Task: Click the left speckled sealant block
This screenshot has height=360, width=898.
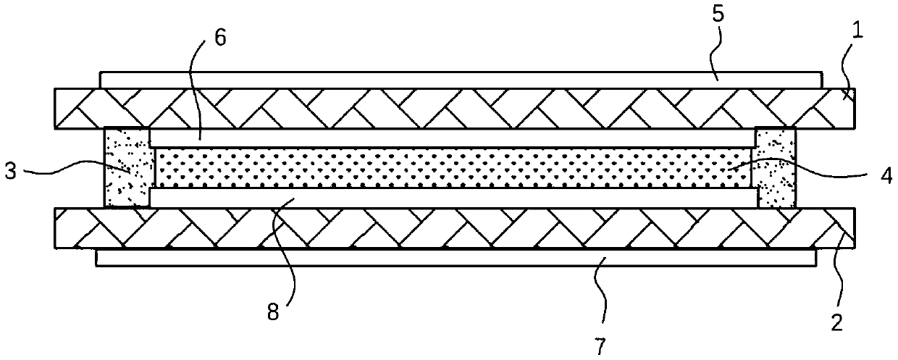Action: click(127, 168)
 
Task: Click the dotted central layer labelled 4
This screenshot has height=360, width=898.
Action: click(449, 168)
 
